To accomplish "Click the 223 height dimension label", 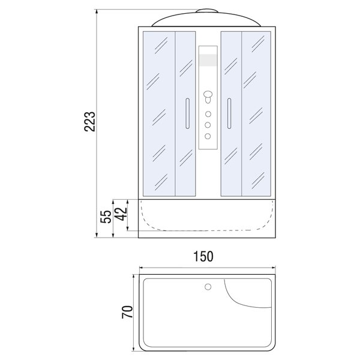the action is click(x=89, y=121).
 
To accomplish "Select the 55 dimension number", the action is click(x=106, y=216).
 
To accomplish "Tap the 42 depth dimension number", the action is click(x=121, y=214).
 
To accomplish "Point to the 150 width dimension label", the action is click(x=203, y=256).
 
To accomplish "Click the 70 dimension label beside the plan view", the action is click(x=127, y=312).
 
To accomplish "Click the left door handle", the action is click(x=187, y=113).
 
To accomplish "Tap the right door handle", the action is click(x=229, y=113).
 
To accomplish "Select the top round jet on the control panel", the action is click(x=208, y=114).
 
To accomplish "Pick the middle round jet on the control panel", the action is click(x=208, y=125).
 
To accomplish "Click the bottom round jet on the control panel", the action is click(x=208, y=136).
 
